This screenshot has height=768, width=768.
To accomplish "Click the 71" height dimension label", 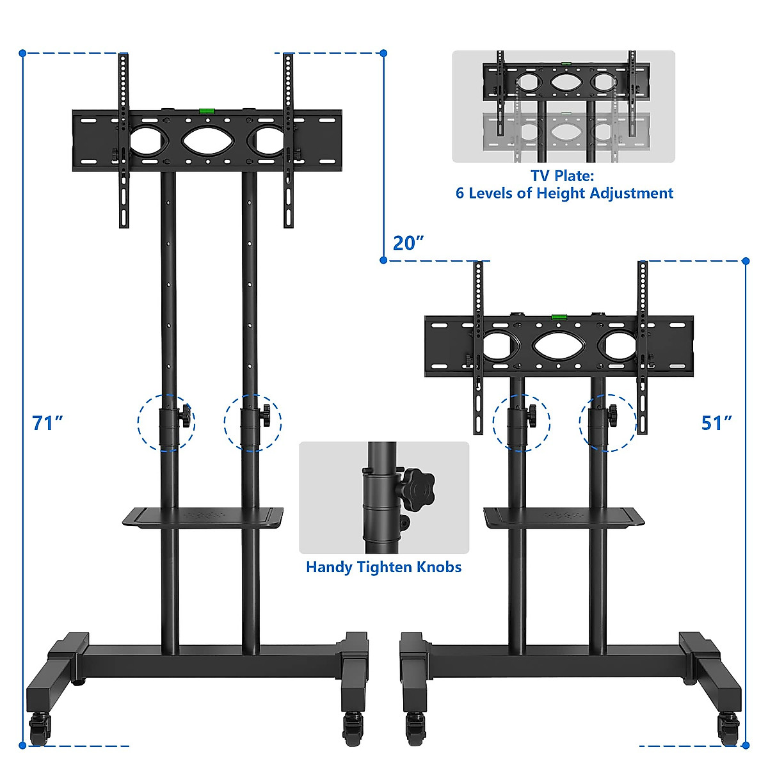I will click(48, 423).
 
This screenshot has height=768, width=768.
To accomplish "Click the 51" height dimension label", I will click(716, 423).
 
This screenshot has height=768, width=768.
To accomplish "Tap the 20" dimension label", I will click(408, 243).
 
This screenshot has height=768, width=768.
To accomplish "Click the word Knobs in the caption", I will click(439, 567).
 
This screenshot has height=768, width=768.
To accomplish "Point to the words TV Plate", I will click(562, 175).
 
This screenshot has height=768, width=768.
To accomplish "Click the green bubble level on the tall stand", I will click(207, 111).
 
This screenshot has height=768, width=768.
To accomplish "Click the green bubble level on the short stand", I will click(559, 316).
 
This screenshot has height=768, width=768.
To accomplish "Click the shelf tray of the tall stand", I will click(203, 517).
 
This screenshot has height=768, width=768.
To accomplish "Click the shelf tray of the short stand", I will click(563, 517).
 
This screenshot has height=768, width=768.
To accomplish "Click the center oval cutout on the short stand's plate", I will click(559, 346).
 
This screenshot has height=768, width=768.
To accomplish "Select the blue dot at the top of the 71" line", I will click(22, 53).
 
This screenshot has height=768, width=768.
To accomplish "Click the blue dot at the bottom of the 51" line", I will click(746, 745).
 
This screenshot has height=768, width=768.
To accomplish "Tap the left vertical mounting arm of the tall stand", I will click(124, 141).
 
